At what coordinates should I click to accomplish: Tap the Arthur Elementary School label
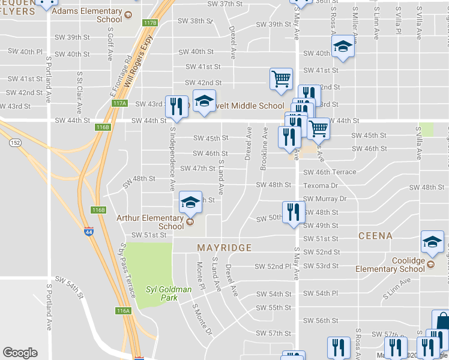coord(150,222)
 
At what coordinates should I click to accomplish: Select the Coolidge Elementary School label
coord(390,265)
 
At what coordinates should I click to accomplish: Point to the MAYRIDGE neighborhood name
coord(224,247)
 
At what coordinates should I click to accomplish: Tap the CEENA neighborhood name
coord(375,236)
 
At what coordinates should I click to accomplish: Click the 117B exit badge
coord(150,23)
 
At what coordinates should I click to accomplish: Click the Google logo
coord(20,353)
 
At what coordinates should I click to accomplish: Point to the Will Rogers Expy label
coord(137,67)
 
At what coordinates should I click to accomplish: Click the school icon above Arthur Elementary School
coord(190,203)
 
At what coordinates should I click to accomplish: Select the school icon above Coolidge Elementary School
coord(432,242)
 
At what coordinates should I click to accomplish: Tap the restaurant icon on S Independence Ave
coord(176,107)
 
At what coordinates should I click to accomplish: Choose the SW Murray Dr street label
coord(325,199)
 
